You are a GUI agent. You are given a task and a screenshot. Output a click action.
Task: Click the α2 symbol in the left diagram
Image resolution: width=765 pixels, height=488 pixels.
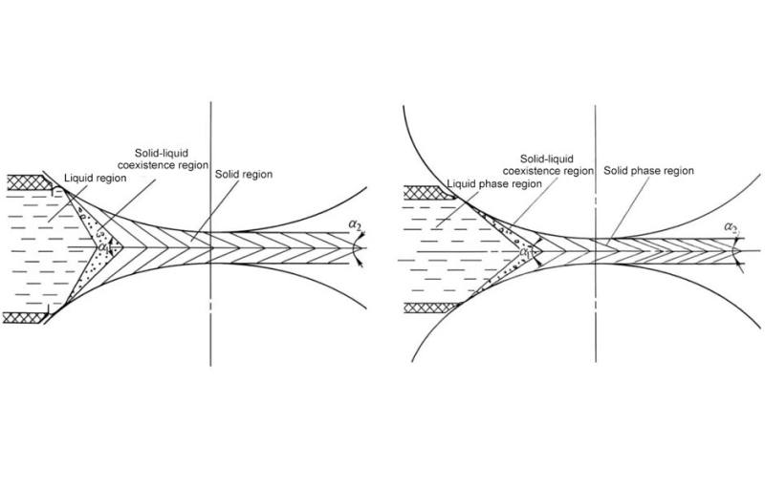[356, 223]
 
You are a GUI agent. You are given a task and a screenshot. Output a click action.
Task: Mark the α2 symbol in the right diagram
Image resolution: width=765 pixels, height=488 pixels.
[732, 227]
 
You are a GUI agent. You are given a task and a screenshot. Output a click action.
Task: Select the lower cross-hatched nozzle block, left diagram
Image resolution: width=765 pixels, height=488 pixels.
[31, 318]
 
